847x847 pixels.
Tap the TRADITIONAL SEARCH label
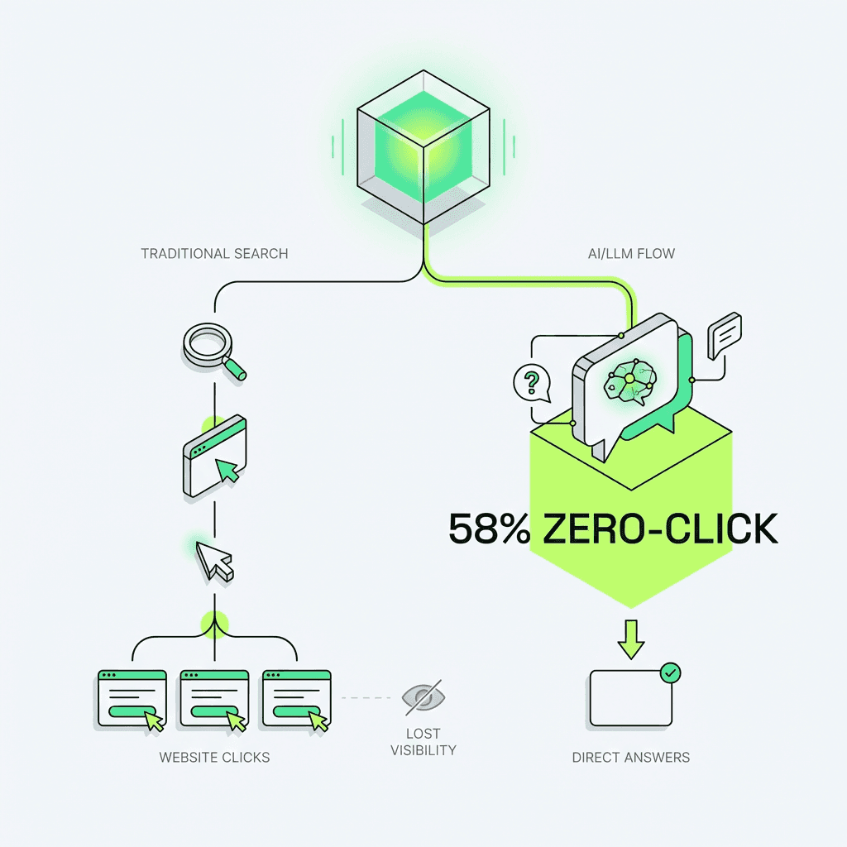pos(214,253)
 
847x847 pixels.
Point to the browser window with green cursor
pos(215,456)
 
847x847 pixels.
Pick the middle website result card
pos(214,699)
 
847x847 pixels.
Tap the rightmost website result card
pos(296,699)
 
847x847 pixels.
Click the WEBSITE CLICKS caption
pos(214,757)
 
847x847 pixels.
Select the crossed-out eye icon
pos(422,698)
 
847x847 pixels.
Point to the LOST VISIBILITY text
pos(423,742)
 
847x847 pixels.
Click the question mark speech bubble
pos(532,382)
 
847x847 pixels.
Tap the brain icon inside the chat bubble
pos(629,379)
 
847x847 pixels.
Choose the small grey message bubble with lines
pos(725,335)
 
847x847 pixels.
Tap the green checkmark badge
pos(671,673)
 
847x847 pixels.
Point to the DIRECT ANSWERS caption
pos(630,757)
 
